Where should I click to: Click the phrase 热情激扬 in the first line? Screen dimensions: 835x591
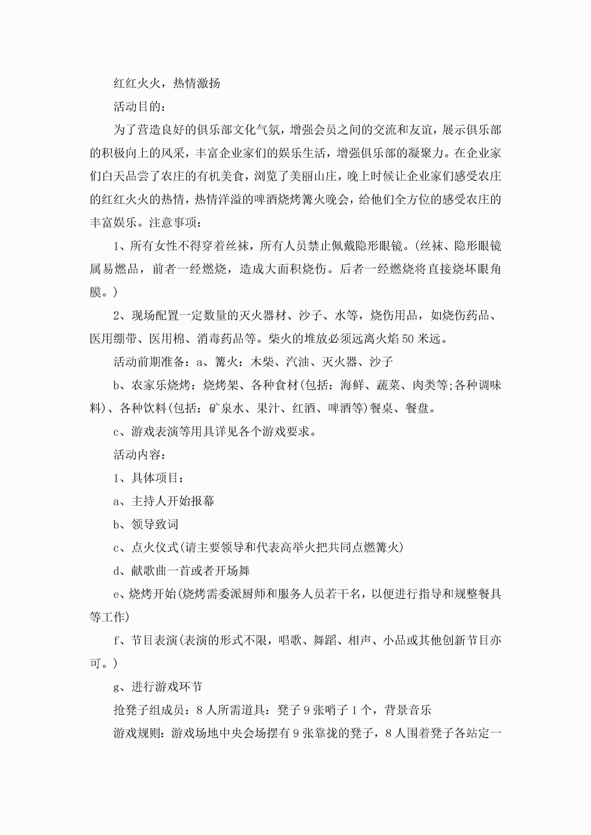tap(197, 83)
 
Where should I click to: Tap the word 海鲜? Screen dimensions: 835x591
tap(352, 385)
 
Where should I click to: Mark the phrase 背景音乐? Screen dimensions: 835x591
tap(408, 710)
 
